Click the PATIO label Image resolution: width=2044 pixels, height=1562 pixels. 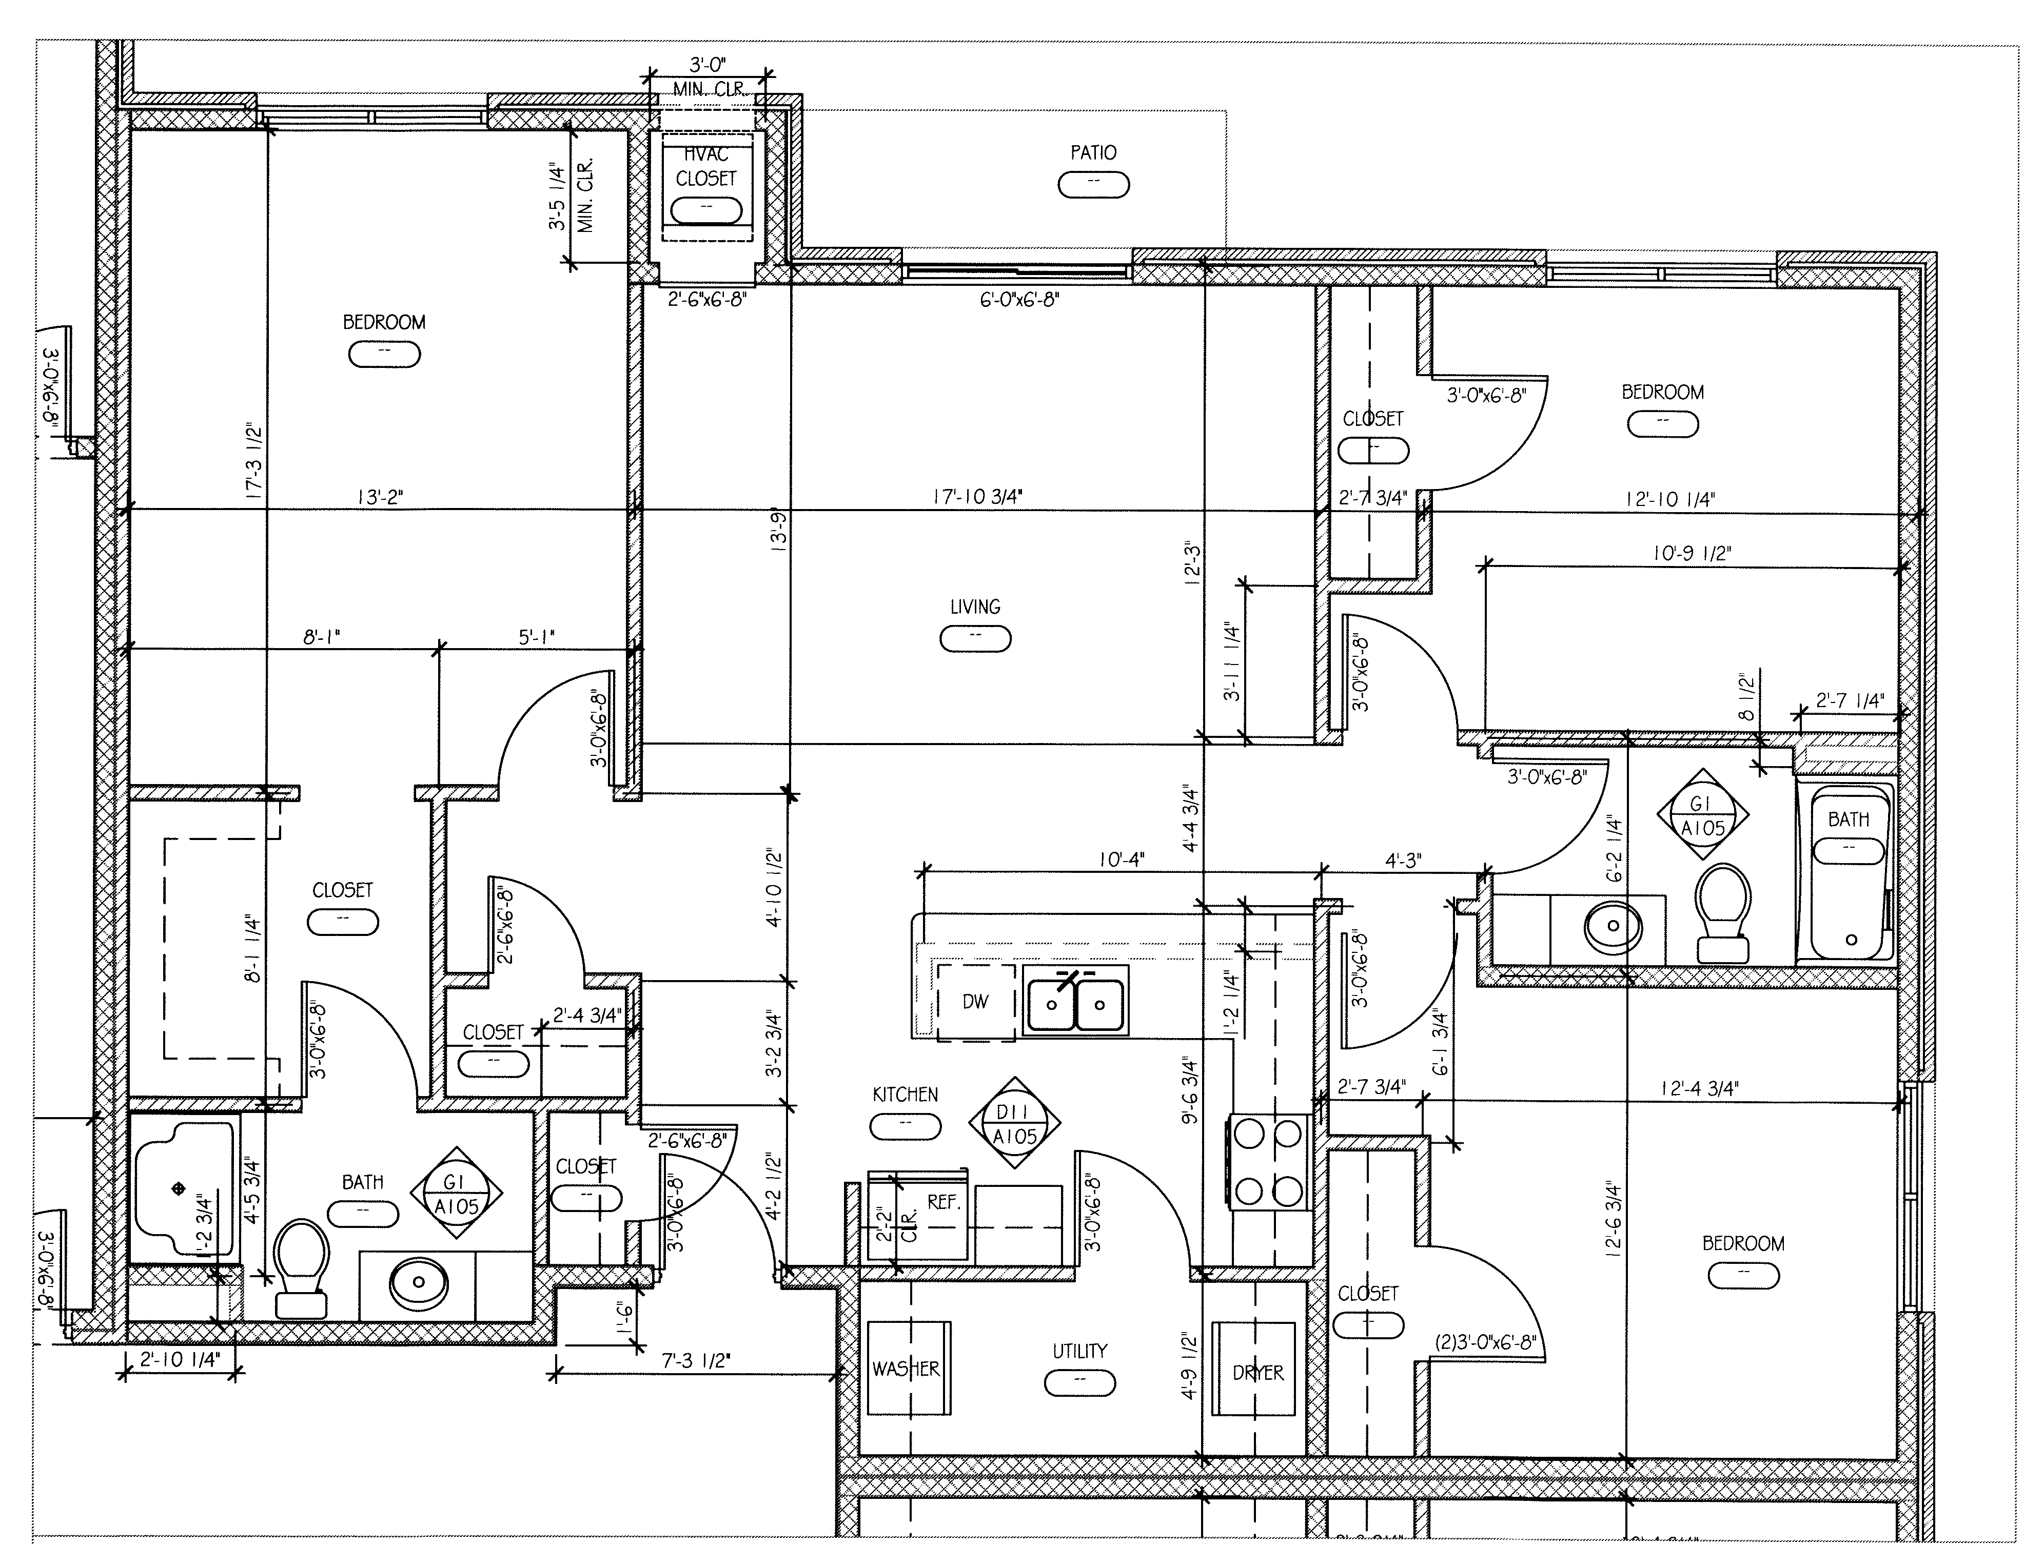(x=1093, y=152)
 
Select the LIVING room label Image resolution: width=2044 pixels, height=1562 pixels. (x=975, y=607)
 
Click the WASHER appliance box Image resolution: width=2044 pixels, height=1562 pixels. (x=908, y=1369)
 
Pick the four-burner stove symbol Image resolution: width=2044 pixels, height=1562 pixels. (x=1268, y=1162)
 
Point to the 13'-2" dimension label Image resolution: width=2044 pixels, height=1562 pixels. (x=379, y=497)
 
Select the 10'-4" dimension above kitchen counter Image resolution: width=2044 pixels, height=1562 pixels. (x=1121, y=860)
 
